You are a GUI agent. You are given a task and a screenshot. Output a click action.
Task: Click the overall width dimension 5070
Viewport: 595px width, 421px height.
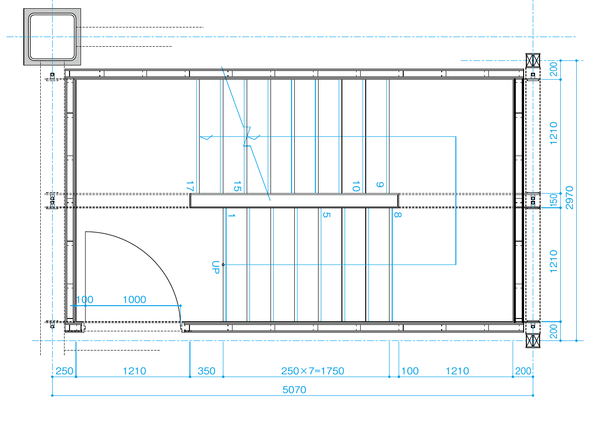[294, 390]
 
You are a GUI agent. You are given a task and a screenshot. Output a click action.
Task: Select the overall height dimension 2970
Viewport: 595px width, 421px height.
[569, 198]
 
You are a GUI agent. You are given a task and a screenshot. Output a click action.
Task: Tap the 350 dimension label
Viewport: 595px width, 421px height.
[206, 371]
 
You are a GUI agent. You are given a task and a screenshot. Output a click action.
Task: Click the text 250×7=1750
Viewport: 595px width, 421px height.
[313, 371]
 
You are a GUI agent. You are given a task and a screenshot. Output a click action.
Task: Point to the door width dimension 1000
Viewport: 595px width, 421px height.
[135, 300]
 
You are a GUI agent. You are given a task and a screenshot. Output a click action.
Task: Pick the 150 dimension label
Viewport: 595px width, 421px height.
[553, 200]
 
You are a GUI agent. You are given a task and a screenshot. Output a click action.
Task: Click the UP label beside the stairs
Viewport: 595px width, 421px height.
[216, 268]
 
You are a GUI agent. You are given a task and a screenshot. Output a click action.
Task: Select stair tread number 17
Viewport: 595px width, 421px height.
[189, 186]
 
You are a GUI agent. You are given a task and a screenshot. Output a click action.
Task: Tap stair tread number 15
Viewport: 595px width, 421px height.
[237, 186]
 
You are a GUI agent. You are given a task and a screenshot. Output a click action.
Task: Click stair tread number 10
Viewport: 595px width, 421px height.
[356, 186]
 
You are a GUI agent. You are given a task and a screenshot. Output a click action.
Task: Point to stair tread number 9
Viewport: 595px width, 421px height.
[380, 184]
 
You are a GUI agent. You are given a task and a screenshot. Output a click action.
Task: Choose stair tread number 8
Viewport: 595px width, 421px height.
[398, 215]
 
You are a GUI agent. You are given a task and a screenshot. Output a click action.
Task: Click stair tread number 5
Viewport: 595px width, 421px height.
[326, 215]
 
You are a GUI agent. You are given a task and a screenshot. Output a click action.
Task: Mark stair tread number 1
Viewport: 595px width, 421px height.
[231, 215]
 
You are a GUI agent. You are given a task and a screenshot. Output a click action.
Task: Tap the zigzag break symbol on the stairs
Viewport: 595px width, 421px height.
[247, 136]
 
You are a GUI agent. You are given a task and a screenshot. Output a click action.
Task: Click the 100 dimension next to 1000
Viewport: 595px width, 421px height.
[85, 300]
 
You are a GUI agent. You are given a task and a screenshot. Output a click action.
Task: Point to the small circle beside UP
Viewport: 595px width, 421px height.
[223, 264]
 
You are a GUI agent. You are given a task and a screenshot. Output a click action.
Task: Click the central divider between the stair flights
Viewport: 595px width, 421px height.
[294, 200]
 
